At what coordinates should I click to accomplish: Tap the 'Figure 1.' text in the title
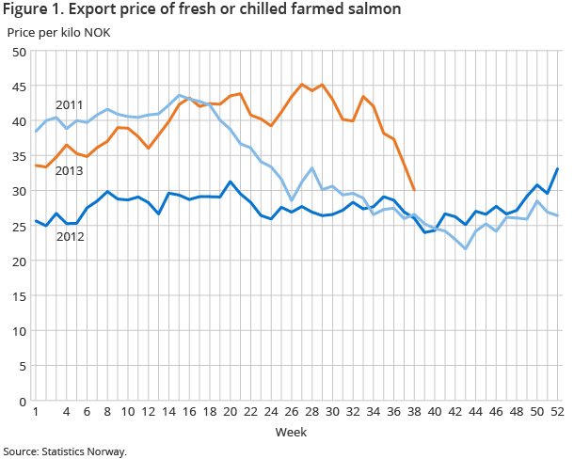tap(35, 10)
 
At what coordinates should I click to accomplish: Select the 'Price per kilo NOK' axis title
tap(58, 32)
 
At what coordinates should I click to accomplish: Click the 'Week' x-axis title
tap(290, 432)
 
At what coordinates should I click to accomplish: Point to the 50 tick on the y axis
tap(18, 52)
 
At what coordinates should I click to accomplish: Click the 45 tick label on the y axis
tap(18, 87)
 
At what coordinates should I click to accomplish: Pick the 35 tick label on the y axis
tap(18, 156)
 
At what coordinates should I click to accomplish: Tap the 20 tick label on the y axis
tap(18, 261)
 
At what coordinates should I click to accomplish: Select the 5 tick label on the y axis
tap(22, 366)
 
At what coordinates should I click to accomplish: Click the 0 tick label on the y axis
tap(22, 401)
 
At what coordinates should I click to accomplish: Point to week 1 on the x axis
tap(36, 413)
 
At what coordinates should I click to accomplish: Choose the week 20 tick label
tap(230, 413)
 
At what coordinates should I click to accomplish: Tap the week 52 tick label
tap(558, 413)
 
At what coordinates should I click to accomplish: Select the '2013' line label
tap(69, 170)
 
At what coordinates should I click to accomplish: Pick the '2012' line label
tap(69, 236)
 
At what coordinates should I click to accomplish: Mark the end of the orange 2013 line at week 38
tap(414, 190)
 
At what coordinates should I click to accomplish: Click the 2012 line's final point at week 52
tap(558, 169)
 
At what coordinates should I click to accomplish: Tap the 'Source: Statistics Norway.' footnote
tap(65, 451)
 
